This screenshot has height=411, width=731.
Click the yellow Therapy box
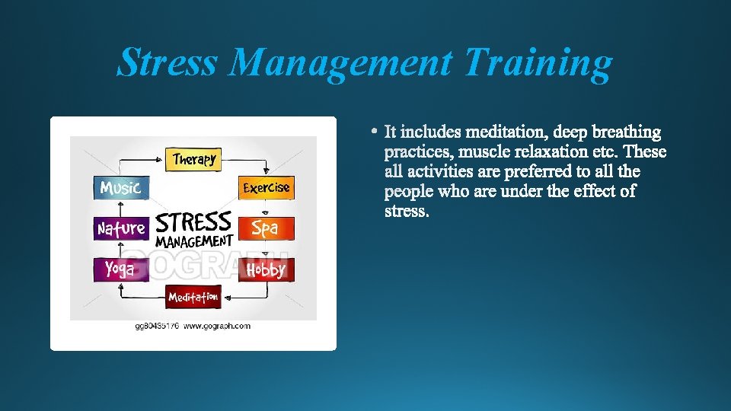click(x=195, y=159)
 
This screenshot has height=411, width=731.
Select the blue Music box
click(x=121, y=187)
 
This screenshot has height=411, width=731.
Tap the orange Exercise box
click(x=266, y=187)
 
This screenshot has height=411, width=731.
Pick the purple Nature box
click(x=121, y=228)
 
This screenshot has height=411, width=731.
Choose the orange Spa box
click(x=265, y=228)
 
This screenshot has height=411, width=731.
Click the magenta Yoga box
click(x=120, y=269)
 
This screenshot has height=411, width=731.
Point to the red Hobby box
click(x=266, y=269)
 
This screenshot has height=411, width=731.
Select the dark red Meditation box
click(x=193, y=296)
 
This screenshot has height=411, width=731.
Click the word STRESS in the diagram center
click(x=193, y=223)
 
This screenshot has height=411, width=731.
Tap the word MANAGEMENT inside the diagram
click(x=194, y=241)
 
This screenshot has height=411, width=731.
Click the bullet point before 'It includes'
click(x=375, y=132)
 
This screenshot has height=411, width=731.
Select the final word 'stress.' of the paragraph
click(x=407, y=211)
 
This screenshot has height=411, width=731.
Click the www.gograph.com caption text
click(x=216, y=326)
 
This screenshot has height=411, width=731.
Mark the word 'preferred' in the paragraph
click(x=540, y=171)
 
